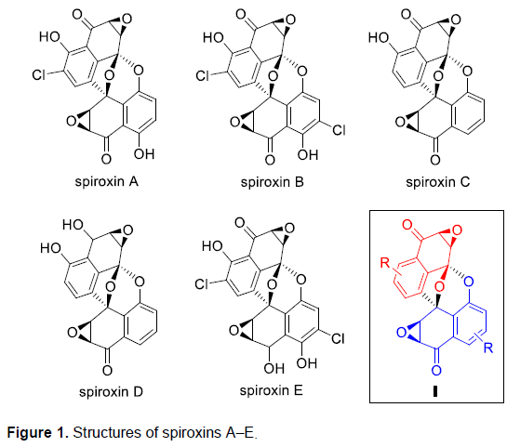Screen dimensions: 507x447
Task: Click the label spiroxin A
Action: click(106, 182)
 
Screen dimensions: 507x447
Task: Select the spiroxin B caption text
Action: click(273, 182)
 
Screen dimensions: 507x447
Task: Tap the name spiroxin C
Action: click(438, 182)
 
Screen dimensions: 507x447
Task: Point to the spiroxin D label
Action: click(111, 392)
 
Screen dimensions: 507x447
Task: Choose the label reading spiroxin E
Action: click(272, 390)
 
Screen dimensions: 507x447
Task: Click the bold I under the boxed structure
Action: click(435, 391)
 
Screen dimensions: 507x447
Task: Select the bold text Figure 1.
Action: click(38, 432)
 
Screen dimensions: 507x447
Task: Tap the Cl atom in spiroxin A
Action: click(38, 75)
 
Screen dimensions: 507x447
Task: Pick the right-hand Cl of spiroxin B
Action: click(339, 129)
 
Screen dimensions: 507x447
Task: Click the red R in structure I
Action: click(385, 263)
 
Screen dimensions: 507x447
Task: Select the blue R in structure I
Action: click(487, 348)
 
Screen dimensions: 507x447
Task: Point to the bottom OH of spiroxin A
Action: click(144, 154)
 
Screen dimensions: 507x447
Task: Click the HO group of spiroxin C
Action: click(379, 38)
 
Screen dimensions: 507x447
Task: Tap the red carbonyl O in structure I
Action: click(407, 225)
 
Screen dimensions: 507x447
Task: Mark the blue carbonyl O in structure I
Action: click(436, 371)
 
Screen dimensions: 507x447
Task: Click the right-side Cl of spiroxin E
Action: click(338, 338)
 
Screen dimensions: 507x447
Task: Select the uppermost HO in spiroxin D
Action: click(73, 225)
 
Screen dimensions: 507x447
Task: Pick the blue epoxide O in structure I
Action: click(401, 333)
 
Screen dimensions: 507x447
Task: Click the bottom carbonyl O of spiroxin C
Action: click(435, 160)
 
